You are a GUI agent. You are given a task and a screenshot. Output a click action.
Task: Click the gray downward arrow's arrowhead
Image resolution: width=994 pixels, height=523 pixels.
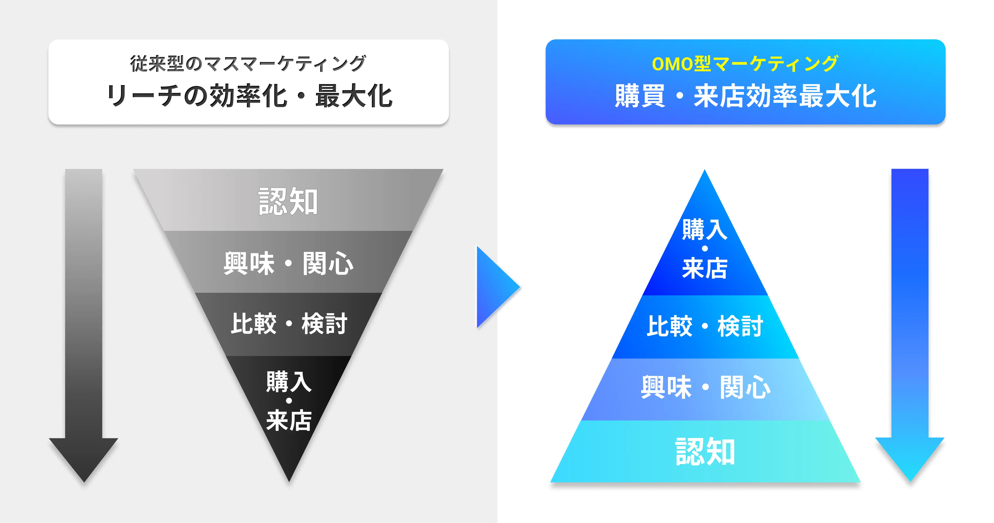pos(84,457)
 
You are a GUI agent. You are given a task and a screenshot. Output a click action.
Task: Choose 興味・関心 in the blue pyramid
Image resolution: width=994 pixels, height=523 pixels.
pos(705,387)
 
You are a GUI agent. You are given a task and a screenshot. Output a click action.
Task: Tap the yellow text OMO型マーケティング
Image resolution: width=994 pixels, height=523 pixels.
pos(745,64)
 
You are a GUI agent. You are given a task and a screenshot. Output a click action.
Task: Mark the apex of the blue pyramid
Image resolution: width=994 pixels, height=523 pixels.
pos(705,169)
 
